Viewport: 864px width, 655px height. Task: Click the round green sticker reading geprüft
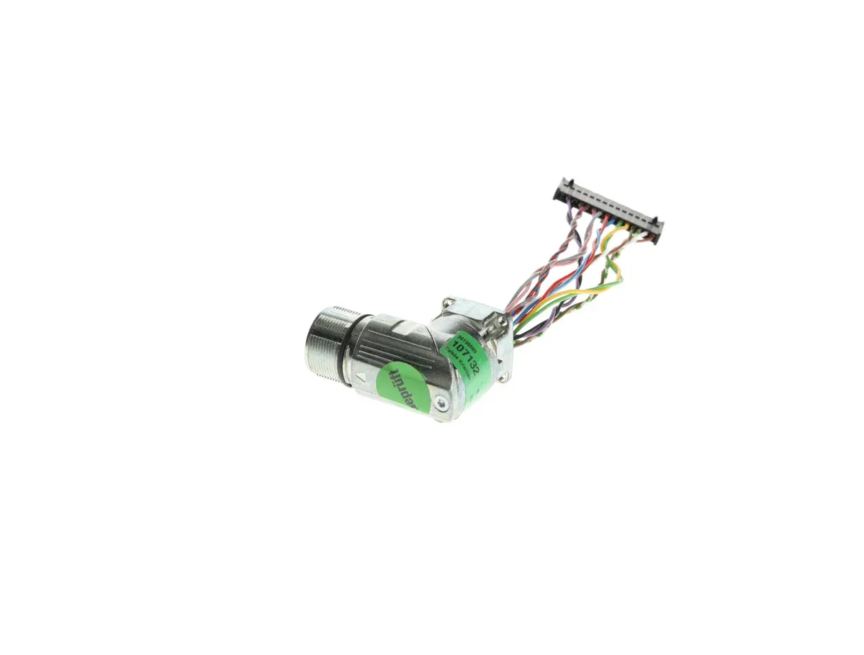(x=403, y=388)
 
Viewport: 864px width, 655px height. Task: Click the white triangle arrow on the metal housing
(x=362, y=375)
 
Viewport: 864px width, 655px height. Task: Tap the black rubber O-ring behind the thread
(x=353, y=351)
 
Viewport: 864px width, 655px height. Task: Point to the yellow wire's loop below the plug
(x=612, y=274)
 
